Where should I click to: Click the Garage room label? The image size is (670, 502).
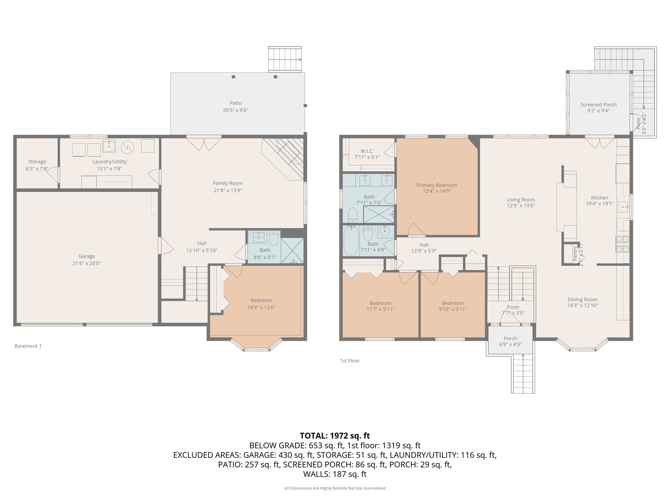pos(87,256)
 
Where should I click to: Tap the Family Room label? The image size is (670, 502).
pos(228,183)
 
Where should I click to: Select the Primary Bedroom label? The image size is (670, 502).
pos(436,185)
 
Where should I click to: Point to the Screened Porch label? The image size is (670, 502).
pos(598,105)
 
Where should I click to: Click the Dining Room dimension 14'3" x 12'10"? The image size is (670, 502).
pos(582,306)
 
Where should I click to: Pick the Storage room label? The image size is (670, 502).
pos(37,162)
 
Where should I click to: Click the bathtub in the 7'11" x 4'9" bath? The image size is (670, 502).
pos(351,240)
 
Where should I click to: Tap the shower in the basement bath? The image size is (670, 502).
pos(292,251)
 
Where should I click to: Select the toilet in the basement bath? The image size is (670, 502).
pos(274,239)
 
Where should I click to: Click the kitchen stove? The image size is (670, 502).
pos(623,244)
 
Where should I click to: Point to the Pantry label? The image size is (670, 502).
pos(575,253)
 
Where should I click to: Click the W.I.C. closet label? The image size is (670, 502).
pos(367,151)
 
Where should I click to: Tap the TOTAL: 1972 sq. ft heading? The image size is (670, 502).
pos(335,436)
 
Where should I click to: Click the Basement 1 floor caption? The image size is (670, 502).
pos(28,346)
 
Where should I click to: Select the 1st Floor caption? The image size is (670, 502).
pos(349,361)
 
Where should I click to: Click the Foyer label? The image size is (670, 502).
pos(513,307)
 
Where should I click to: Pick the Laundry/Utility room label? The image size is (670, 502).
pos(109,162)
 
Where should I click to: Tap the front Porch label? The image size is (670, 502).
pos(510,338)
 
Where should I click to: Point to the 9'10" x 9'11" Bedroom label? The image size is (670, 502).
pos(452,303)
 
